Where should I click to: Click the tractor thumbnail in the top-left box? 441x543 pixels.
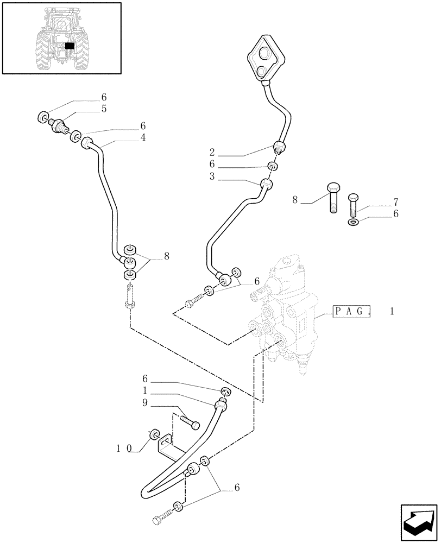(61, 38)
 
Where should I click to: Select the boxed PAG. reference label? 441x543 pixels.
(352, 312)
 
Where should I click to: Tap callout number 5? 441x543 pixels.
(103, 109)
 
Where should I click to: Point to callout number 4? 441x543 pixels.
(143, 138)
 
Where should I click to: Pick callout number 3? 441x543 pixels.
(212, 176)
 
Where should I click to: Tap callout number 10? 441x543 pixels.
(123, 449)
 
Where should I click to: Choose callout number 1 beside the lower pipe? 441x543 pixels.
(144, 391)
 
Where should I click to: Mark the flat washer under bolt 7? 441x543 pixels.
(354, 223)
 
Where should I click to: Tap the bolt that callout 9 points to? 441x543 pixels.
(188, 421)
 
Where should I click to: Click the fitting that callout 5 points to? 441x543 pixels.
(56, 125)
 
